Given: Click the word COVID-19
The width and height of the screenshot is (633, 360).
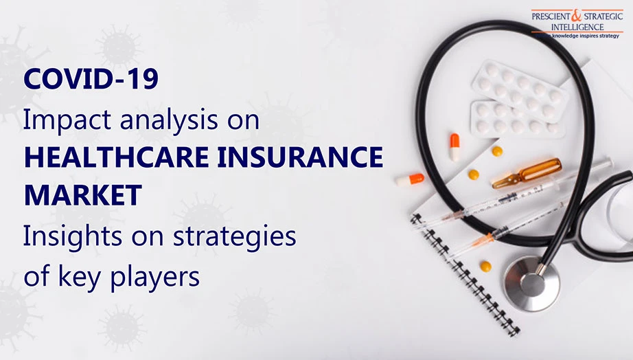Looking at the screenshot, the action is [91, 79].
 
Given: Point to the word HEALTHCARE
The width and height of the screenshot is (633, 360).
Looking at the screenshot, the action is [117, 157].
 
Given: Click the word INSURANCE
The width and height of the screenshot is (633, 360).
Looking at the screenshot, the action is [300, 157].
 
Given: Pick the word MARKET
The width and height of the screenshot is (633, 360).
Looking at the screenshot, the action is [83, 195].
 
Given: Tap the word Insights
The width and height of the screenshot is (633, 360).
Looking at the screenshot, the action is [73, 236].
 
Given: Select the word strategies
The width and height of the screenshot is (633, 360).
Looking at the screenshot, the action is [235, 237].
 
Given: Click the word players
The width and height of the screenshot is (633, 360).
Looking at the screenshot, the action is [154, 278].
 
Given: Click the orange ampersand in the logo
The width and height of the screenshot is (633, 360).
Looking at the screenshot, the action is [577, 16].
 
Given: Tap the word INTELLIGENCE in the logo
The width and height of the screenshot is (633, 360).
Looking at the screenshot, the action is [577, 27].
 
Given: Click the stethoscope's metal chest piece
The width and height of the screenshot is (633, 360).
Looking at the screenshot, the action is [531, 283].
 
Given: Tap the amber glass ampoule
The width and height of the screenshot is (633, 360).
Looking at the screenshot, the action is [527, 174].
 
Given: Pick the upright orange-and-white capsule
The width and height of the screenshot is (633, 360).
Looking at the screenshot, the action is [454, 146].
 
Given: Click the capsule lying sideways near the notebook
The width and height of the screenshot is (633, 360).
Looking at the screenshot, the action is [410, 179].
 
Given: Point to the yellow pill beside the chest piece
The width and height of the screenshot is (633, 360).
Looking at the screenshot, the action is [485, 267].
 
